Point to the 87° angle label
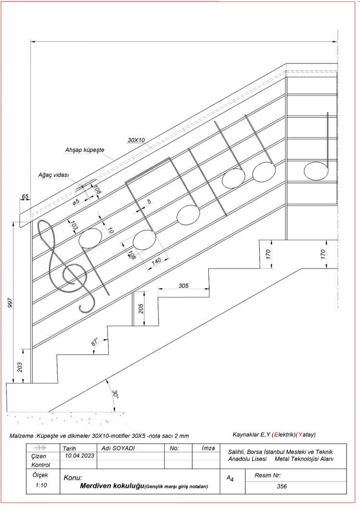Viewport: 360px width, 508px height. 95,342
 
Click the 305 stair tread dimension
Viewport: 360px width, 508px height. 183,286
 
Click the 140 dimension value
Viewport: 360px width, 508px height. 156,262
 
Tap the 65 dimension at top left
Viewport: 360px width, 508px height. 25,197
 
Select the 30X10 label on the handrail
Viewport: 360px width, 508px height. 136,140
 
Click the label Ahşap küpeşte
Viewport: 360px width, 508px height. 84,150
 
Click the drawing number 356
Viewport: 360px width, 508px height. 282,486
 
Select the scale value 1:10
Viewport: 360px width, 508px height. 41,485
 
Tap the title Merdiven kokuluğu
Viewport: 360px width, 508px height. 112,486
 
